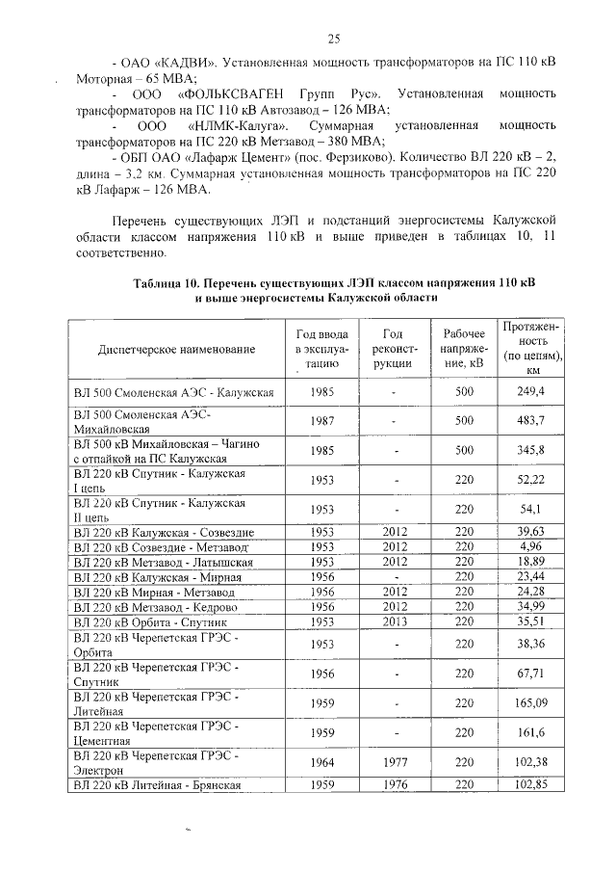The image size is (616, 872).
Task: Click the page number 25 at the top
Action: click(x=334, y=39)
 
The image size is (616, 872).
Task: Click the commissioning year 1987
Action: click(x=322, y=421)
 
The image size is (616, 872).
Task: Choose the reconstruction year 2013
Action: click(x=395, y=622)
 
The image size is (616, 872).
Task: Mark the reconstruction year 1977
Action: click(x=395, y=762)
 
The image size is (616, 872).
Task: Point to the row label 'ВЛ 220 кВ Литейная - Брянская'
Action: click(x=156, y=784)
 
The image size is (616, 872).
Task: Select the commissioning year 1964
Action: click(x=322, y=762)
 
